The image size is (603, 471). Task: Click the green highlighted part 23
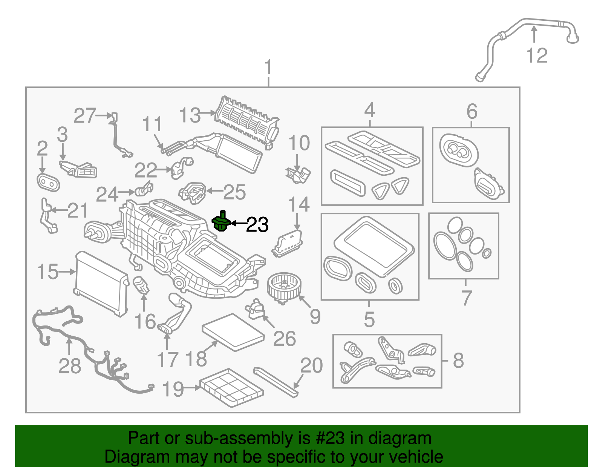[x=222, y=222]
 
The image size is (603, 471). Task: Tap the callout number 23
[x=257, y=225]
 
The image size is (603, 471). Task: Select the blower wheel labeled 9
[x=282, y=288]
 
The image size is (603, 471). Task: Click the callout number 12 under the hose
[x=537, y=56]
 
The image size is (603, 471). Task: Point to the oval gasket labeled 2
[x=48, y=183]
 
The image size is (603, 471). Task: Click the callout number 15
[x=48, y=272]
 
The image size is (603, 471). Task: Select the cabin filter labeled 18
[x=233, y=332]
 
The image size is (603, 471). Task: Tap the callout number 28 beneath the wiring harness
[x=70, y=366]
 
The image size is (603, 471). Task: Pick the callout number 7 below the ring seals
[x=467, y=298]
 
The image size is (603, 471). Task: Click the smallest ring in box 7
[x=487, y=253]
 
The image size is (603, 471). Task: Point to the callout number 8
[x=458, y=360]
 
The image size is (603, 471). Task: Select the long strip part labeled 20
[x=276, y=382]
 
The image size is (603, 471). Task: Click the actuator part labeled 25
[x=193, y=192]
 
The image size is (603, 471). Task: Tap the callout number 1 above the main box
[x=268, y=68]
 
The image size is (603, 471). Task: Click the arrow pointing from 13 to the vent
[x=208, y=112]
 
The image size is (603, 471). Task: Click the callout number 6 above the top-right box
[x=472, y=111]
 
